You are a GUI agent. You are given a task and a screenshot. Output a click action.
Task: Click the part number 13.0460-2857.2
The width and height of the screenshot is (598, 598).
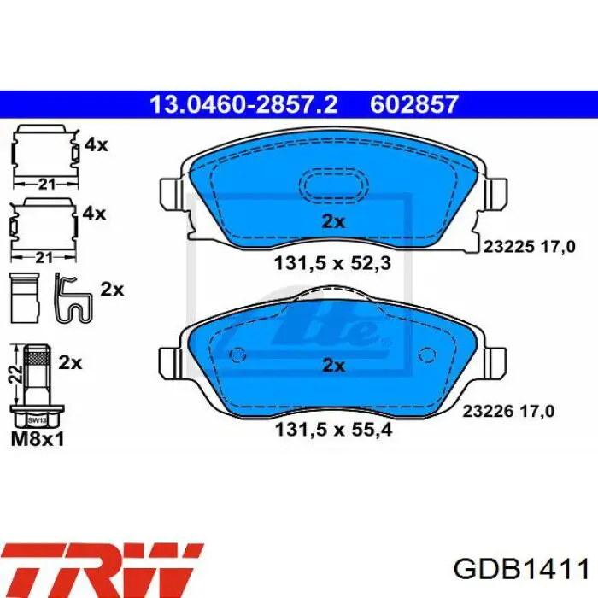[243, 105]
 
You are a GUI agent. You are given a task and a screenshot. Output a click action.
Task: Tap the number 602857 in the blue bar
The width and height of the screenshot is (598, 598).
[415, 105]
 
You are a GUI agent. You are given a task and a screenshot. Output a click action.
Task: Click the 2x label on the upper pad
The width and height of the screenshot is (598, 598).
[332, 222]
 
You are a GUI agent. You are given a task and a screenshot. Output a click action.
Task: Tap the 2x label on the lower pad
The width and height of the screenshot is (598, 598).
[332, 366]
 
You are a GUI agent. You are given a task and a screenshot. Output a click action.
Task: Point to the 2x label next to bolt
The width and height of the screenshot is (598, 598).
[70, 362]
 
